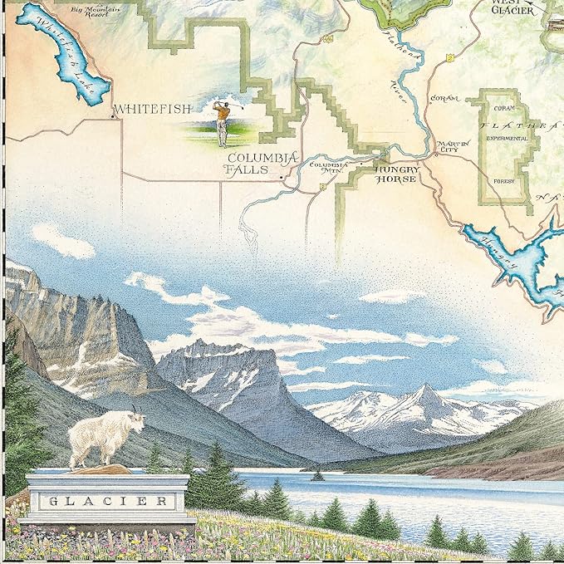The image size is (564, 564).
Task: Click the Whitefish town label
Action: pos(152,109)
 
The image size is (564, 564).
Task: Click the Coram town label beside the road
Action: pos(445,98)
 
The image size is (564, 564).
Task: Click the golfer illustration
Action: pos(221,121)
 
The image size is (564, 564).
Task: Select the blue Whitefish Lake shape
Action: pos(62,54)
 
